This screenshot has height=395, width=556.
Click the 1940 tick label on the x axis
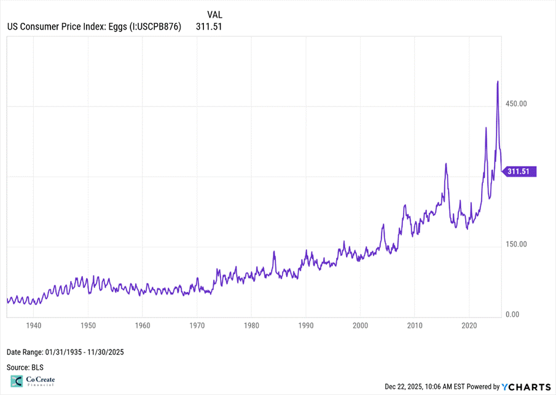coord(34,324)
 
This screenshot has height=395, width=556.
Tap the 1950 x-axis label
coord(88,324)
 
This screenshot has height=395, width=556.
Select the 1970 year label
coord(197,324)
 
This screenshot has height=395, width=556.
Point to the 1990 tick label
coord(306,324)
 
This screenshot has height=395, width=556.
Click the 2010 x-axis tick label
coord(415,324)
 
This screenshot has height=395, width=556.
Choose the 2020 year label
coord(469,324)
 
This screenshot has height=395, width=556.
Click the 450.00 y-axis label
coord(515,103)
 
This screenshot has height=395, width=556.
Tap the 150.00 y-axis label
coord(515,244)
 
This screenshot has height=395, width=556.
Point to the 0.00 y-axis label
coord(513,314)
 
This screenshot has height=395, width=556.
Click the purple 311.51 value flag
coord(520,172)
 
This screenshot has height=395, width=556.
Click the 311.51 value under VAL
coord(209,26)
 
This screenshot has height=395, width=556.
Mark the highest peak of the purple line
coord(497,81)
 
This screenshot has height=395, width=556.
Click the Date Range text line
coord(66,352)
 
